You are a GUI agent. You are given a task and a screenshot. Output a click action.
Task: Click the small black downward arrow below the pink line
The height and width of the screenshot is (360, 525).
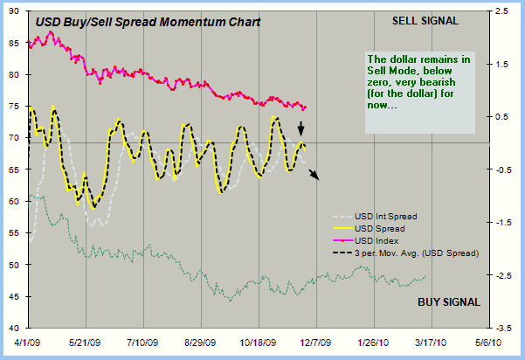pos(301,129)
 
